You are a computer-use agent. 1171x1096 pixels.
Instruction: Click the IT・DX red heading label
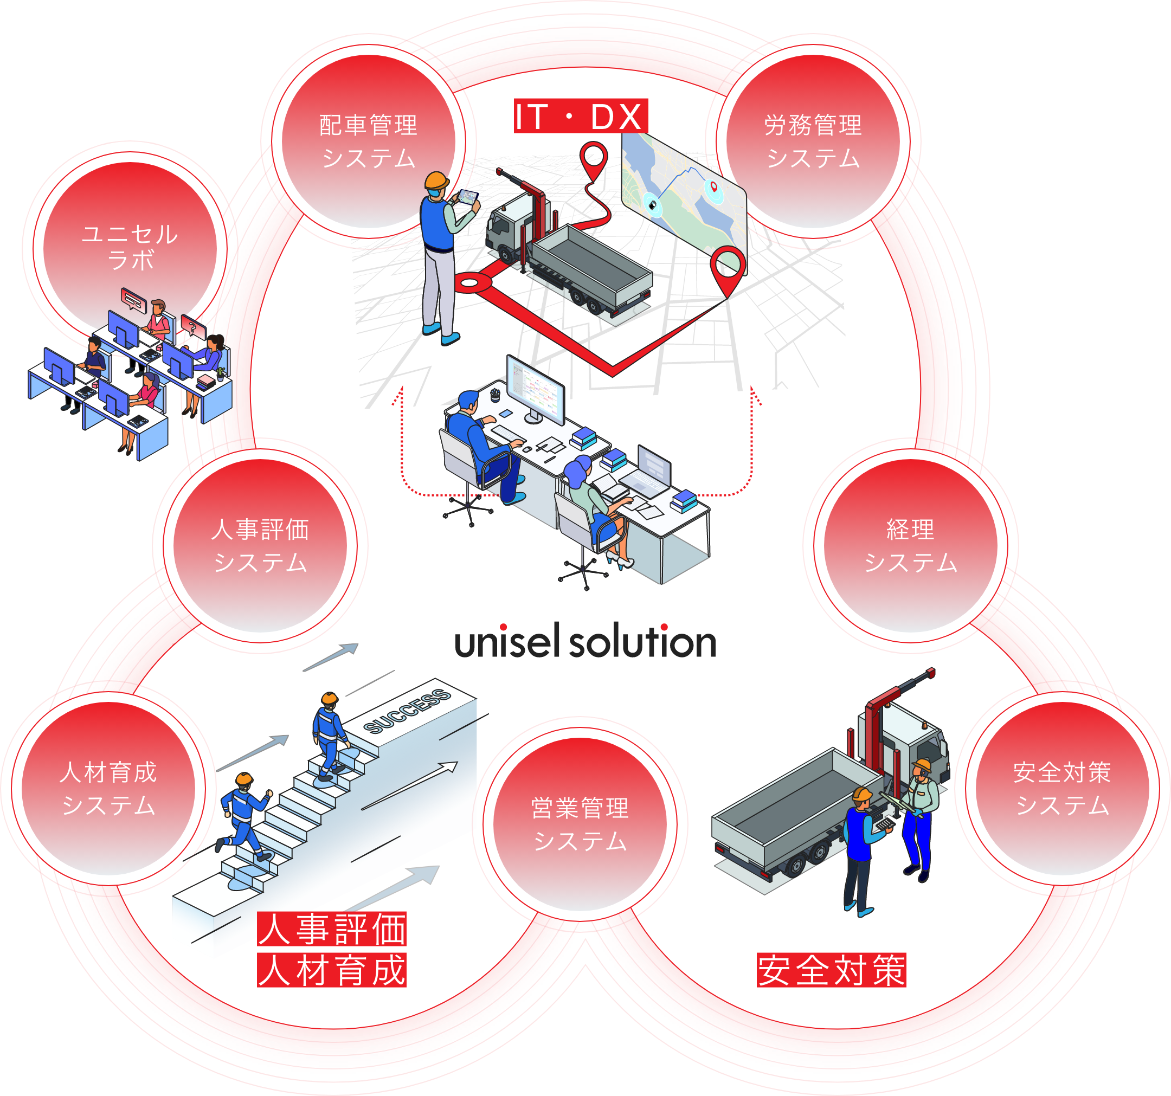pos(580,116)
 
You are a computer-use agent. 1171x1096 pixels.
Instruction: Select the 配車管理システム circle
pos(368,141)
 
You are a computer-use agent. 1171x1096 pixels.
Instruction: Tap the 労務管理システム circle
pos(813,141)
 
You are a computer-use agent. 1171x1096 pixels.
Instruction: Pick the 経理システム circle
pos(910,545)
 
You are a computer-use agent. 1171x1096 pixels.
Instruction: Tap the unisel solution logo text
pos(585,642)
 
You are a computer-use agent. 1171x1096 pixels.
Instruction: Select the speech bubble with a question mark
pos(192,326)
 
